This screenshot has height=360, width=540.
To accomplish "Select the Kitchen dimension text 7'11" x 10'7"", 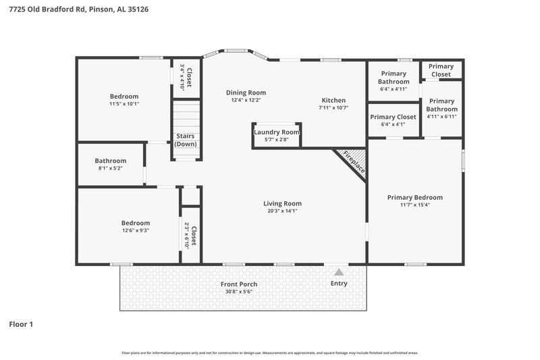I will tap(333, 107).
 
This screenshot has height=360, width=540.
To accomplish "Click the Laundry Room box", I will tap(276, 135).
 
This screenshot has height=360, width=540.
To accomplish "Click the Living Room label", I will tap(282, 203).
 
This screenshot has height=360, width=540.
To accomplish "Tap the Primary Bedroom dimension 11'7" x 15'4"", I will tap(414, 205).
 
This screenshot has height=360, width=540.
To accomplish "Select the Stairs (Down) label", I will tap(186, 140).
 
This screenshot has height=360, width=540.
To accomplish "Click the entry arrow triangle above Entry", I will tap(339, 272).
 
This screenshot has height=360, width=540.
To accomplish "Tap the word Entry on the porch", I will tap(339, 284).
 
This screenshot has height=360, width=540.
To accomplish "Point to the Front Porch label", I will tap(239, 284).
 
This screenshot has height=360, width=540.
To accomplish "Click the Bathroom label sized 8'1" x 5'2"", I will tap(110, 161).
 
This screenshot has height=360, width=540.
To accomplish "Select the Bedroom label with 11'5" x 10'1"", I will tap(124, 97).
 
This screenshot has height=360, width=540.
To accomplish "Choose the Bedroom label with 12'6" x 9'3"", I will tap(135, 223).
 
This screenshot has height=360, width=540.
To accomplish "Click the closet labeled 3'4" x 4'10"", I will tap(187, 77).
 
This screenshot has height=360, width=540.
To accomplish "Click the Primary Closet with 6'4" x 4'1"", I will tap(393, 120).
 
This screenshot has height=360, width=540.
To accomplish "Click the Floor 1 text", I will tap(21, 325).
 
